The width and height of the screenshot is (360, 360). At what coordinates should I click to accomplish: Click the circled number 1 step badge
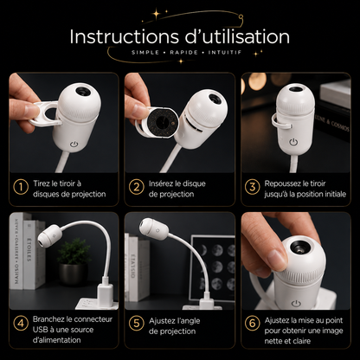coord(21,187)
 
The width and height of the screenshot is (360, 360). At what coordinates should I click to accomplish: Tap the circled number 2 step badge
coord(137,187)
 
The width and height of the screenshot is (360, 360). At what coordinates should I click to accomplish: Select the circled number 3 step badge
coord(253,187)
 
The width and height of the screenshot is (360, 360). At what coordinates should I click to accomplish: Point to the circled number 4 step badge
coord(21,324)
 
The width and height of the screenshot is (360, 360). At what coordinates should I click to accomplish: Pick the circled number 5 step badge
coord(137,324)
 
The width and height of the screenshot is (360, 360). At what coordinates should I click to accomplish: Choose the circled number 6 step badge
coord(253,324)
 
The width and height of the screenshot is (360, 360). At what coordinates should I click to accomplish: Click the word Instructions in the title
coord(125,37)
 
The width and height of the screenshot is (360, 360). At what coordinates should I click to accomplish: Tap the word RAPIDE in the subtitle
coord(184,53)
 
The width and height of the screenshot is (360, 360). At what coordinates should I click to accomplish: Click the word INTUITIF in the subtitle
coord(225,53)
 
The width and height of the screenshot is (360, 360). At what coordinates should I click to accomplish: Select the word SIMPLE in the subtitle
coord(145,53)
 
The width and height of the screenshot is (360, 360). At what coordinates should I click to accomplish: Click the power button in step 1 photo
coord(74,144)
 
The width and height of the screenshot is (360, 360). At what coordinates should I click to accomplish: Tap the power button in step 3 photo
coord(293,142)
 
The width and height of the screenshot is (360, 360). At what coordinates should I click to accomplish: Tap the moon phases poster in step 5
coord(212,268)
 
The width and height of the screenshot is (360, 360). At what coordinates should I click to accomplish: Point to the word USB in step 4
coord(39,330)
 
